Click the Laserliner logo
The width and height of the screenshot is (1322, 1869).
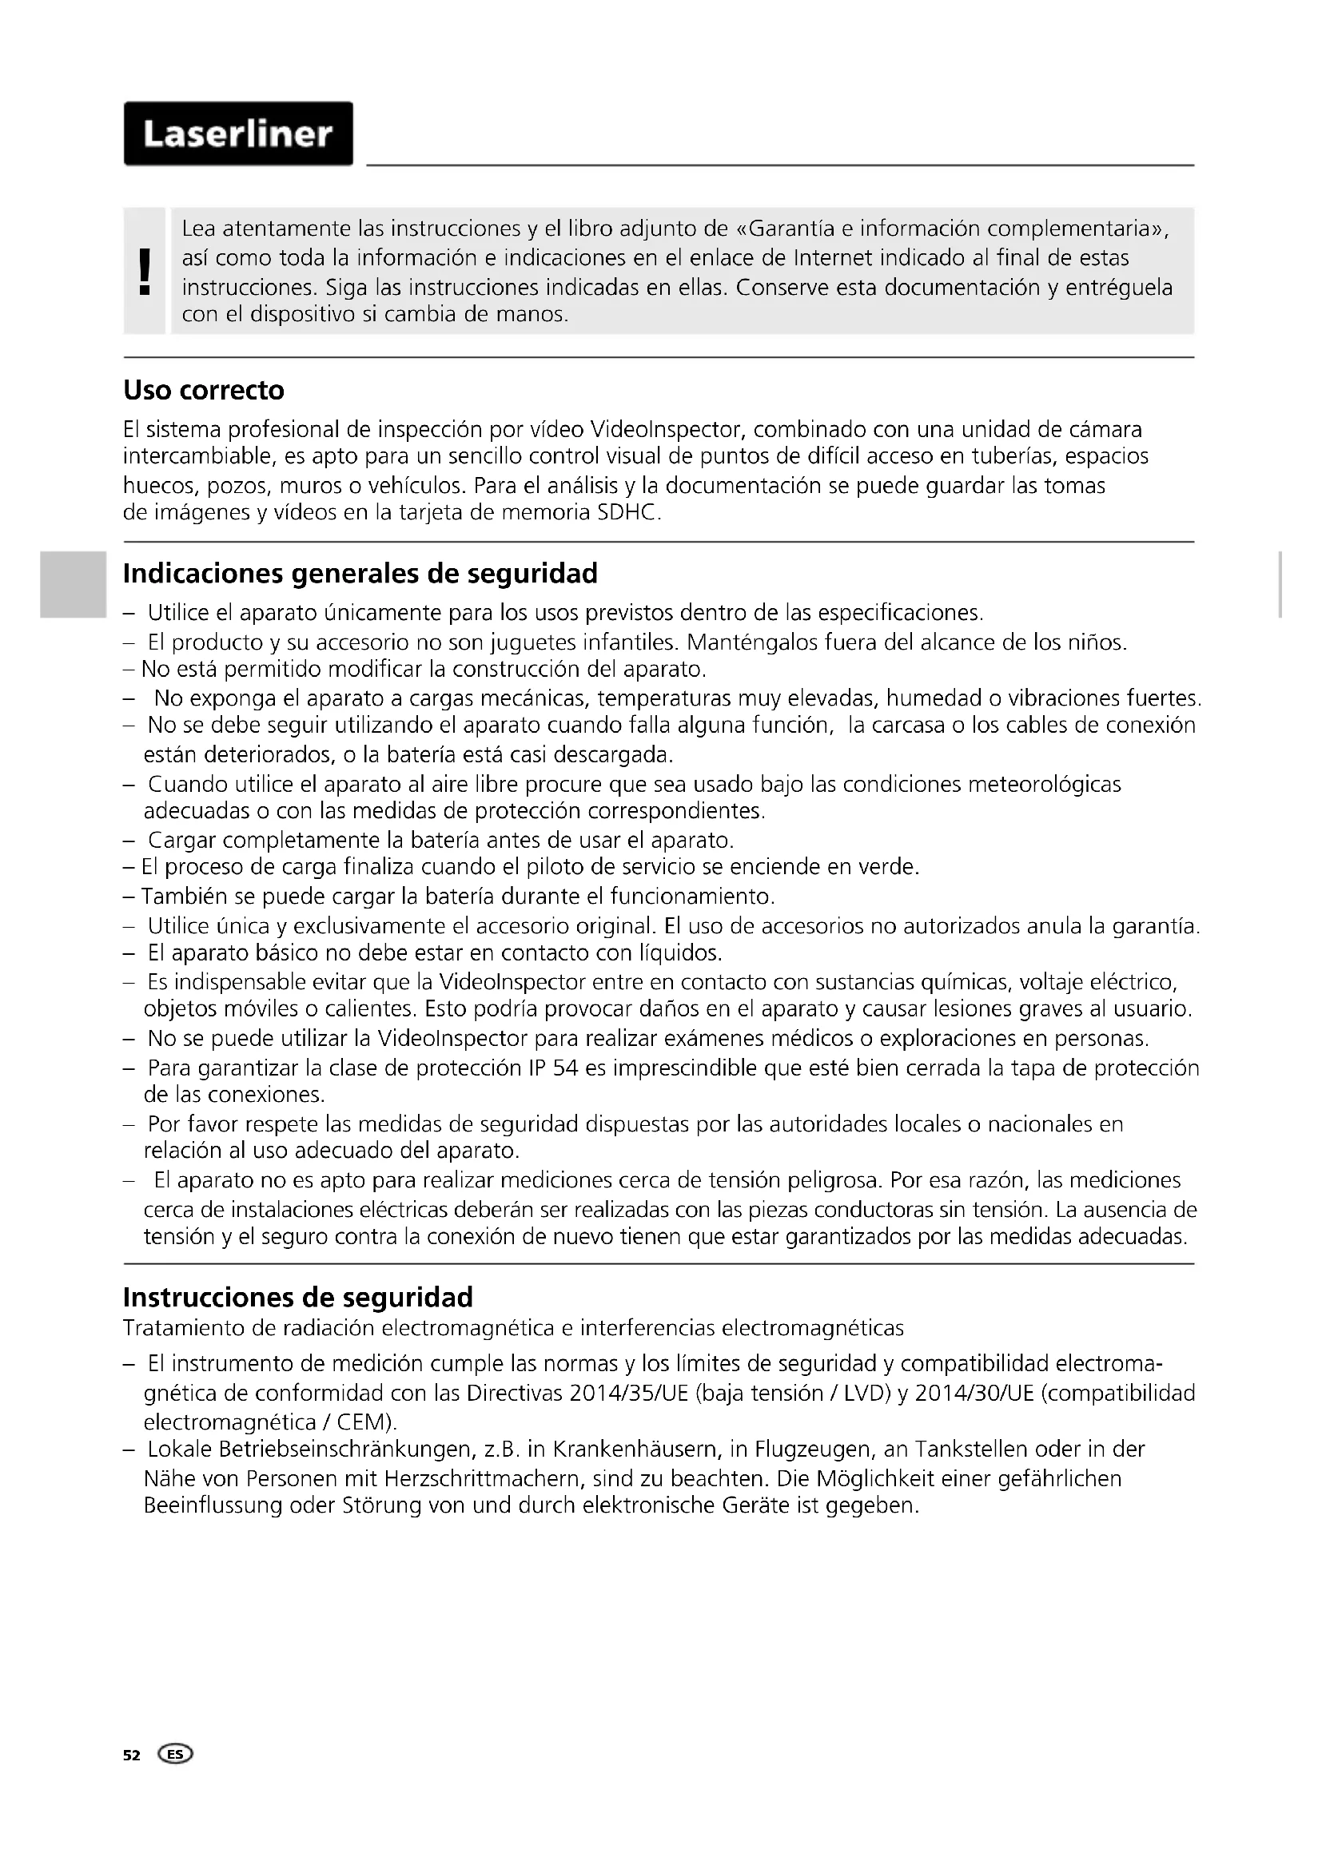237,133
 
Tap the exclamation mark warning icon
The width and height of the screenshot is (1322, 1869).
145,271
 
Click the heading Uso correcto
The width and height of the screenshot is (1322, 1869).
204,391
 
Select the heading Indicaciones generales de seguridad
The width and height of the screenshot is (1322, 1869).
360,574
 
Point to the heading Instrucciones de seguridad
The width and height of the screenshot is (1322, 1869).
297,1298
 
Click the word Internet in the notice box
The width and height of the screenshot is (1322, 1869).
829,258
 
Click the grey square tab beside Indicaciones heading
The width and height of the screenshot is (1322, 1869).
74,584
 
